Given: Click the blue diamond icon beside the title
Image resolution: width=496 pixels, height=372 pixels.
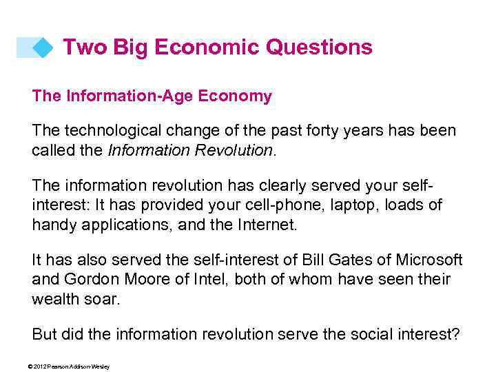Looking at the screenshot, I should coord(43,48).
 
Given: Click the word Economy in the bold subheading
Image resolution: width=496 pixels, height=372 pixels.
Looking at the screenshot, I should coord(236,96).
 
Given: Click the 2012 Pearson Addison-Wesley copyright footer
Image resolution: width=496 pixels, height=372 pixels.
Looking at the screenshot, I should coord(69,366).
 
